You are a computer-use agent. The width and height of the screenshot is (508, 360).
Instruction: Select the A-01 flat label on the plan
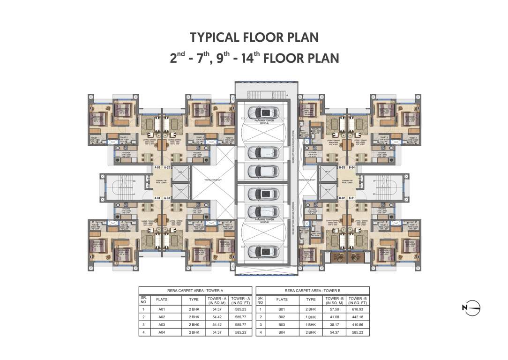(157, 167)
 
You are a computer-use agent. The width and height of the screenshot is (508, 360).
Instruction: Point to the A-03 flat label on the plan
(167, 198)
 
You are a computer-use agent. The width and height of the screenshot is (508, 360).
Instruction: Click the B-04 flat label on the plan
(351, 167)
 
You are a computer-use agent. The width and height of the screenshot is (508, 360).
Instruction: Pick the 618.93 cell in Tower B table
(358, 309)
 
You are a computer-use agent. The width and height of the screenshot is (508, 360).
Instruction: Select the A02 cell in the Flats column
(162, 317)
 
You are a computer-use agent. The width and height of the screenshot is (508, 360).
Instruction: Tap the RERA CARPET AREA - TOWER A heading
(195, 291)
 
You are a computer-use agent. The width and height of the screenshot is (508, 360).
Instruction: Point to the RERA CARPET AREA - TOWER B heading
(313, 291)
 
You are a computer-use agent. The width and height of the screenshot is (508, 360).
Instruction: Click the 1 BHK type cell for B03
(311, 324)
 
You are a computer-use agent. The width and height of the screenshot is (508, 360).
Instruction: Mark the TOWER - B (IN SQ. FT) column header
(358, 300)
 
